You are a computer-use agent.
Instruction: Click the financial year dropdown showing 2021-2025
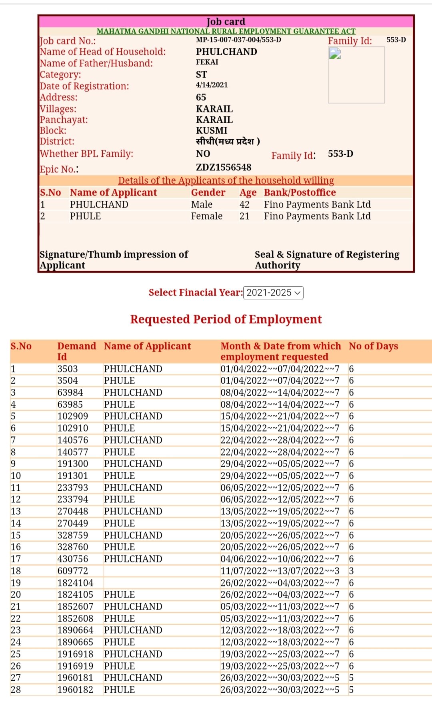point(273,293)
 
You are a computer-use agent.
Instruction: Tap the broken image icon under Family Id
point(335,54)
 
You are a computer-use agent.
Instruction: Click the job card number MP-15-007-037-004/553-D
point(238,40)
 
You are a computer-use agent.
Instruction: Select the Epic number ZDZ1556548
point(224,167)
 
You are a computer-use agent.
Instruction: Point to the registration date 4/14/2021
point(212,85)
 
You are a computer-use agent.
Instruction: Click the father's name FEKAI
point(207,62)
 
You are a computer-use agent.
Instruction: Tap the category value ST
point(202,74)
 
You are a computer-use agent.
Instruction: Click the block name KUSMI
point(212,130)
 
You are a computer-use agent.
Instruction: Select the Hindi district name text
point(228,141)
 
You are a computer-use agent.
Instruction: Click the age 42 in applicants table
point(244,204)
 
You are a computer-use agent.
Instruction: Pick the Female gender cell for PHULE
point(207,216)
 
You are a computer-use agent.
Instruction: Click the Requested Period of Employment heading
point(226,319)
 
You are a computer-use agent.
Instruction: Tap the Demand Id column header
point(76,351)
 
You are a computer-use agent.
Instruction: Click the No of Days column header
point(373,346)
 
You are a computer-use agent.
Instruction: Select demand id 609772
point(73,571)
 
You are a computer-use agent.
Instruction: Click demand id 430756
point(73,559)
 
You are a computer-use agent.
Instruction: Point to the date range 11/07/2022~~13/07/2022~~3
point(280,571)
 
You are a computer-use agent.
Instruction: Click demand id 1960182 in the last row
point(75,690)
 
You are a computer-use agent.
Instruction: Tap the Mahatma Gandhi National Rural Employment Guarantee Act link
point(226,31)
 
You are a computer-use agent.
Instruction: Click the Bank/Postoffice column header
point(300,192)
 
